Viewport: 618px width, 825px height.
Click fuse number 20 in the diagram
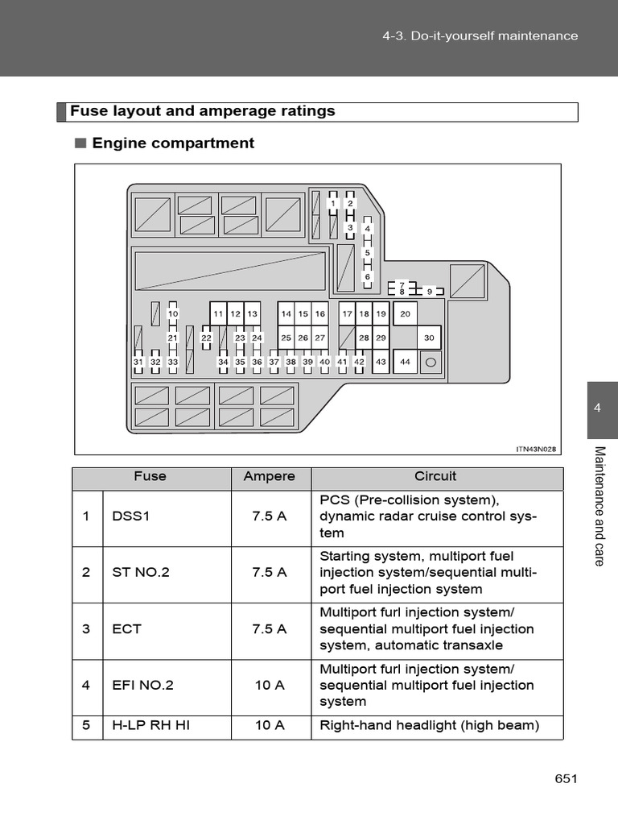pos(405,313)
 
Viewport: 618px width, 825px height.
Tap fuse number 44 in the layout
pos(405,362)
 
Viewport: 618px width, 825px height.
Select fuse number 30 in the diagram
pos(429,338)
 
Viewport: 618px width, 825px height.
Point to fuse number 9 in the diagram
pos(430,291)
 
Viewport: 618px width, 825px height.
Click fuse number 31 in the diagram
pos(138,362)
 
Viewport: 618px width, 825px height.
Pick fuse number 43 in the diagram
pos(381,362)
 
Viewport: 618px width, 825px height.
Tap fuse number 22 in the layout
pos(206,338)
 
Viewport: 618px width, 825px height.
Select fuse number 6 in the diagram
pos(368,276)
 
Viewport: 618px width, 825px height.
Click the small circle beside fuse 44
pos(430,363)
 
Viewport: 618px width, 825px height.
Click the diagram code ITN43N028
pos(537,449)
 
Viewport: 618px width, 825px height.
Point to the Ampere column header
pos(270,476)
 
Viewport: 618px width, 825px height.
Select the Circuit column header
pos(435,476)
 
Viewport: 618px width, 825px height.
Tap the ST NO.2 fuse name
pos(141,573)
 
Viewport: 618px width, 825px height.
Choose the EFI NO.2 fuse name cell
pos(143,686)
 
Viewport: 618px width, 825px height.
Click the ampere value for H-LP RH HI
pos(270,725)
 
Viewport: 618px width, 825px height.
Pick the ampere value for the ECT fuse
pos(270,629)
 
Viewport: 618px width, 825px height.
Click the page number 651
pos(566,778)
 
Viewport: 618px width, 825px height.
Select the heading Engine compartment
pos(173,143)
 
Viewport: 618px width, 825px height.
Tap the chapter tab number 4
pos(597,408)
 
